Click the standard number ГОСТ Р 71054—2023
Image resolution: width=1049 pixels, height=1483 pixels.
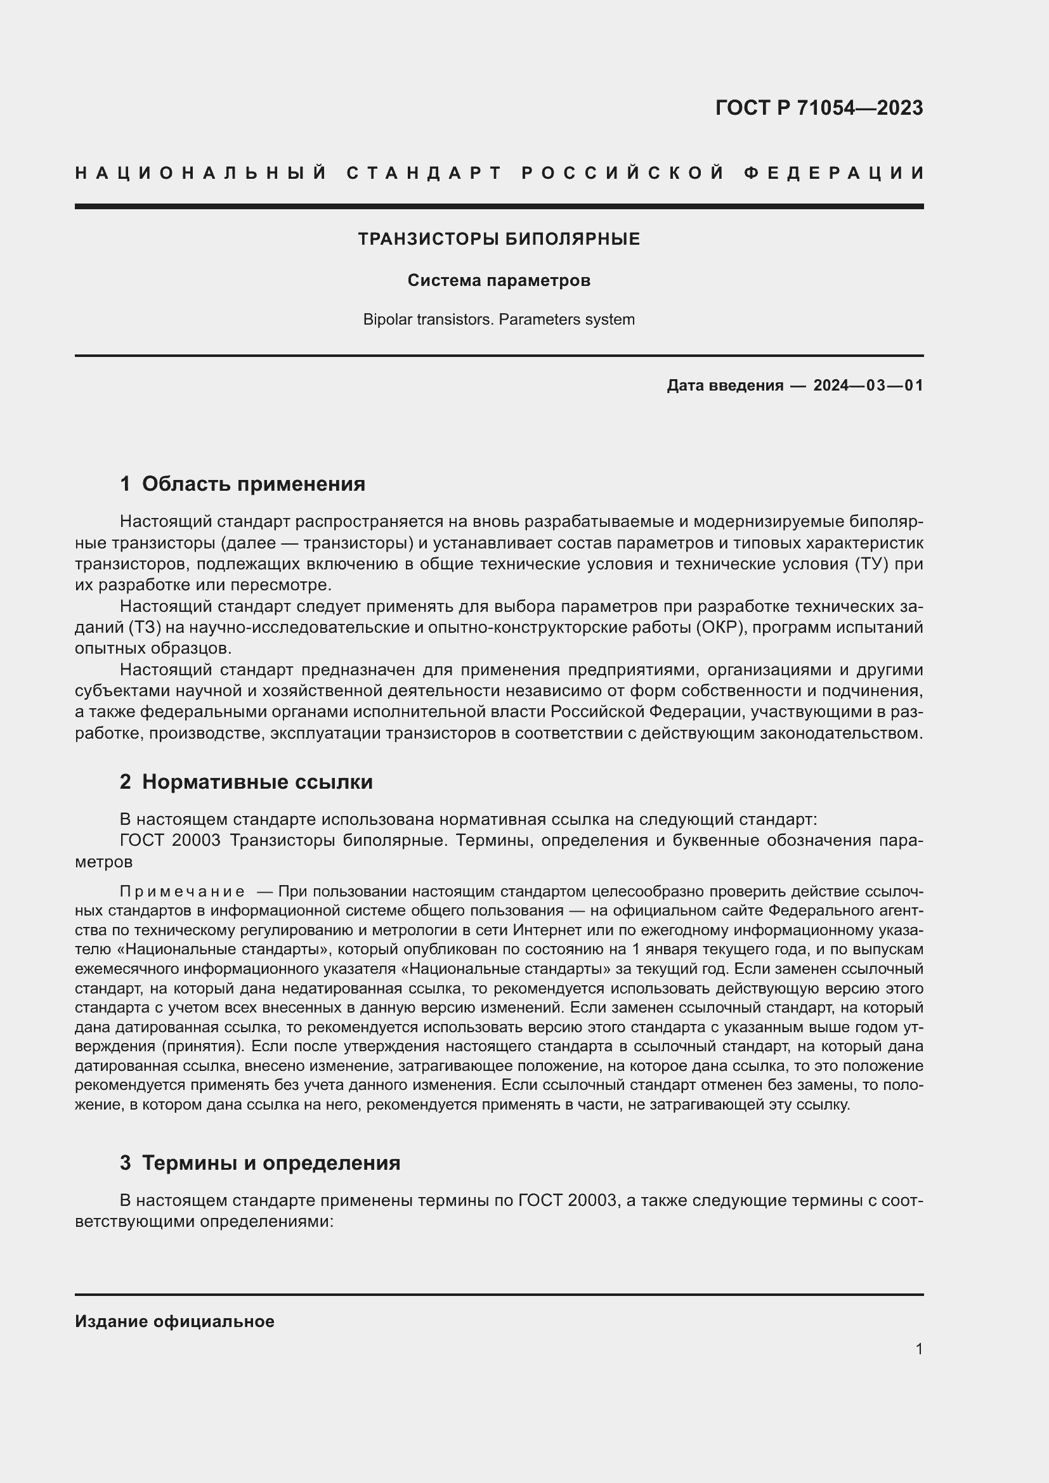[x=818, y=108]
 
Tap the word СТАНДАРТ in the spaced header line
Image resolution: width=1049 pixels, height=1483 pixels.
[x=424, y=173]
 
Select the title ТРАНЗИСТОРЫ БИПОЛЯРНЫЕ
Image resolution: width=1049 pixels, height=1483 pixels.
[x=498, y=240]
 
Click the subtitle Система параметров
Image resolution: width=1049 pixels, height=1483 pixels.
[x=498, y=281]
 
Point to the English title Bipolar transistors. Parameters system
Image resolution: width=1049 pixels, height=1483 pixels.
[x=498, y=320]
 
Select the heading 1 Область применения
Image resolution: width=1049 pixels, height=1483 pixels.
[x=242, y=484]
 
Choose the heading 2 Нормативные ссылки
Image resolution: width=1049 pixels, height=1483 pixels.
[x=246, y=782]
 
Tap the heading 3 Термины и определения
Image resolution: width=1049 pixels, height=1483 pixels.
[x=259, y=1163]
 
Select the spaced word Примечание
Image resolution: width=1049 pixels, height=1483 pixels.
[x=182, y=892]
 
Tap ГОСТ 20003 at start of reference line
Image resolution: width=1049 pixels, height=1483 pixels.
[x=171, y=840]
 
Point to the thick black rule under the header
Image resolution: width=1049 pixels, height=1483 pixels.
[x=498, y=206]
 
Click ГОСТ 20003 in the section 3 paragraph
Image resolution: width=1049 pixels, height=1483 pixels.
[x=567, y=1201]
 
